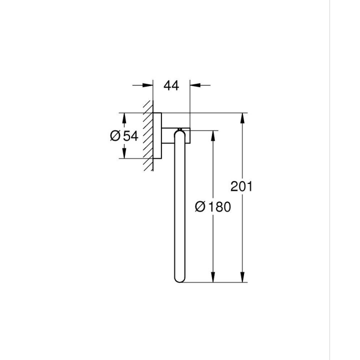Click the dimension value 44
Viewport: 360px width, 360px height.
click(171, 85)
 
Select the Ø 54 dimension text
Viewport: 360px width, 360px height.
click(123, 135)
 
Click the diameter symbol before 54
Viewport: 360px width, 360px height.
click(114, 135)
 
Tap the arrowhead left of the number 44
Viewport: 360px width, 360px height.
click(148, 85)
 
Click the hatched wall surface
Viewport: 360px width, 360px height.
click(147, 135)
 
